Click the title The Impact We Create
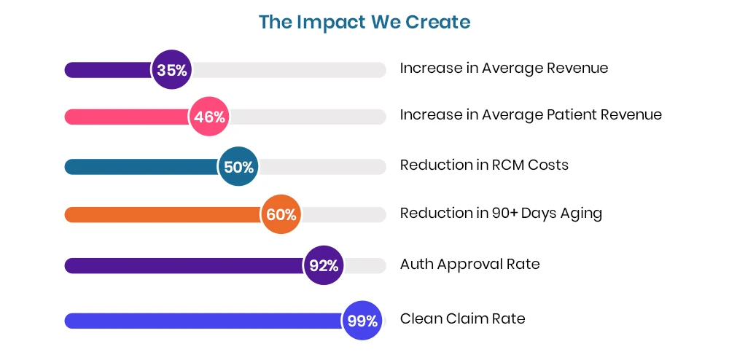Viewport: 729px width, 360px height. [x=364, y=22]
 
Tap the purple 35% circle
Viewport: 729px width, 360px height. [x=171, y=70]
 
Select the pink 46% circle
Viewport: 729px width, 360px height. [x=209, y=117]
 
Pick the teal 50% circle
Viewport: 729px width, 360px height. [x=238, y=167]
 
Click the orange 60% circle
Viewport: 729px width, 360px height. [x=281, y=214]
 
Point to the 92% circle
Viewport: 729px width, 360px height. [x=324, y=265]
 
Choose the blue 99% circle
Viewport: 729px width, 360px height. [x=362, y=321]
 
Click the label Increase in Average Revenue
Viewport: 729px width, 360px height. [x=504, y=69]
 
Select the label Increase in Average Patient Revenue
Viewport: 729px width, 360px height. [x=531, y=115]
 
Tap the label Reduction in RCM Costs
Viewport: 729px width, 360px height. [x=484, y=165]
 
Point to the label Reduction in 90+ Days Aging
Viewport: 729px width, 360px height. [x=501, y=214]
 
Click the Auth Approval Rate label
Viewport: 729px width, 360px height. [x=469, y=265]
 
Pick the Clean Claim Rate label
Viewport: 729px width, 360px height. [x=462, y=319]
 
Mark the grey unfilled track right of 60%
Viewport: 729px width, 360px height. [x=343, y=214]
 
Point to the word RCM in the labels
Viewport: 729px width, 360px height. [x=507, y=165]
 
